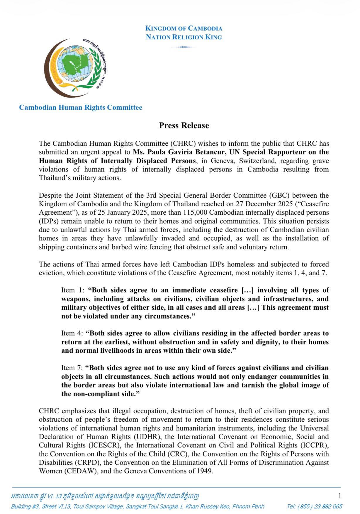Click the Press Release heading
point(184,125)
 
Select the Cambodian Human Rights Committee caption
point(81,107)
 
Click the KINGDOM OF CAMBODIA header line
point(184,28)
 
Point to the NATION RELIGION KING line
point(184,37)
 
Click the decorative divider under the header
point(182,47)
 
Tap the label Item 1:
point(73,290)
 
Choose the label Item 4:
point(73,333)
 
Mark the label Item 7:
point(72,368)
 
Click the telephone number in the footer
point(315,506)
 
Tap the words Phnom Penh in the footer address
point(249,506)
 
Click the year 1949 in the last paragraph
point(205,471)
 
